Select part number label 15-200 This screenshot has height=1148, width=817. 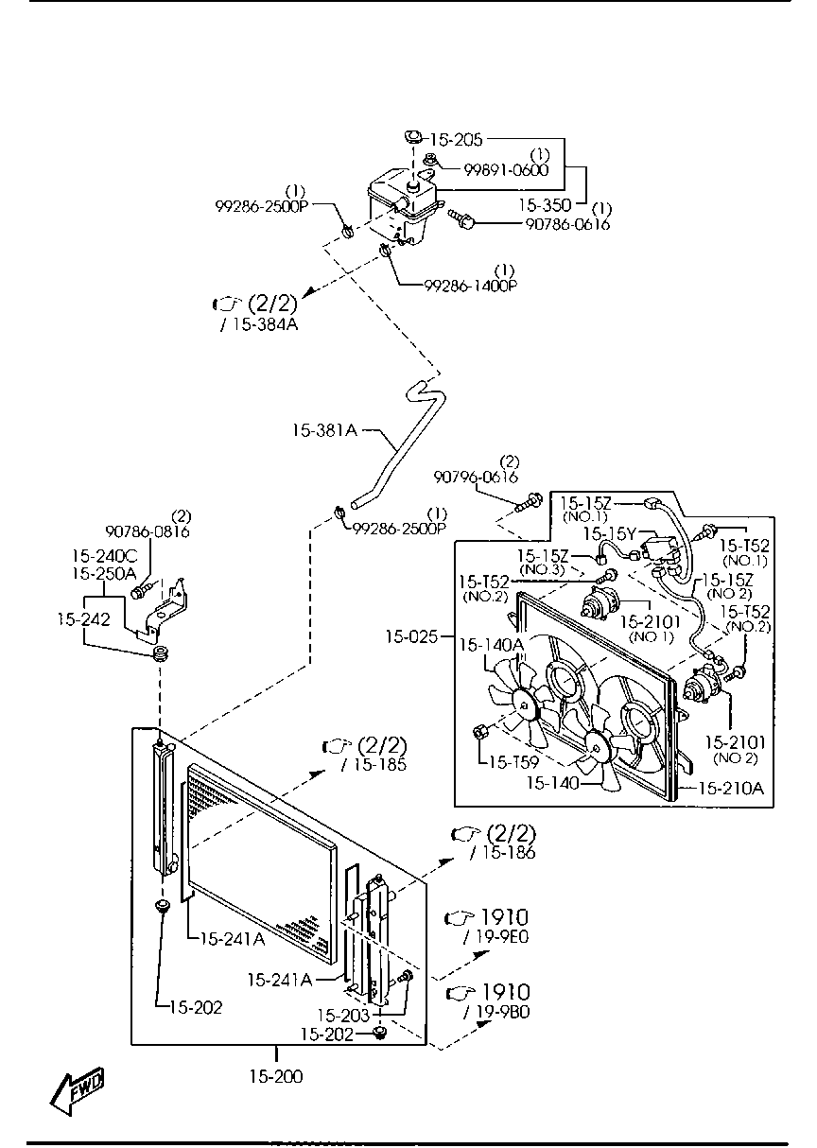(x=276, y=1076)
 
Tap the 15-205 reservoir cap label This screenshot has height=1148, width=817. (x=456, y=139)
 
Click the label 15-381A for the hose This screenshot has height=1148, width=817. (x=325, y=429)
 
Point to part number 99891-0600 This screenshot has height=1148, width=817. (x=507, y=169)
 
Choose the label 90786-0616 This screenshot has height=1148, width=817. (x=568, y=224)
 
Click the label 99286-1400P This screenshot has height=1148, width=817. (x=471, y=286)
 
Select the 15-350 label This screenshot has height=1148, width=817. (x=545, y=205)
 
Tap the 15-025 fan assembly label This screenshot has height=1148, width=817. (x=412, y=637)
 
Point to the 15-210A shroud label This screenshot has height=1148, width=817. (x=731, y=788)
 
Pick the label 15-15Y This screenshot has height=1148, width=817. (x=609, y=534)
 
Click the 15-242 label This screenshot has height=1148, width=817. (x=83, y=619)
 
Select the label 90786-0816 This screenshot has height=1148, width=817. (x=148, y=531)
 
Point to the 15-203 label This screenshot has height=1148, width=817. (x=343, y=1016)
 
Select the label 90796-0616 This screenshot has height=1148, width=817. (x=476, y=478)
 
